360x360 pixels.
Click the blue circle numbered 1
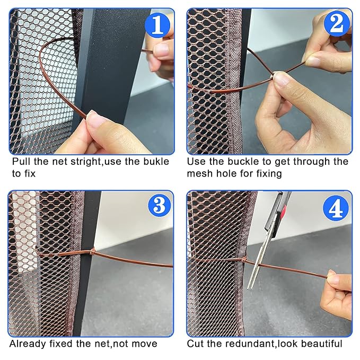pyautogui.click(x=157, y=25)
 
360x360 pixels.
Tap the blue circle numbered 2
pyautogui.click(x=337, y=24)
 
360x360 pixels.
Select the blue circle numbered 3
pyautogui.click(x=160, y=205)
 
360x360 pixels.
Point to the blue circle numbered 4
pyautogui.click(x=336, y=208)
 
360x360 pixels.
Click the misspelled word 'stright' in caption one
pyautogui.click(x=86, y=162)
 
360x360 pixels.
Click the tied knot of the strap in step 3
pyautogui.click(x=93, y=252)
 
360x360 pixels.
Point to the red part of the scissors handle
pyautogui.click(x=284, y=212)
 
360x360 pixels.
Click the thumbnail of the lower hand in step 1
pyautogui.click(x=94, y=119)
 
